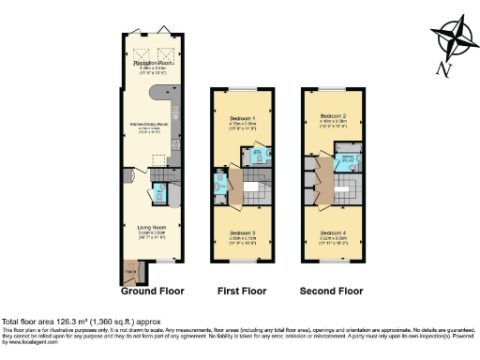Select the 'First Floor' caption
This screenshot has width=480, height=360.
coord(242,291)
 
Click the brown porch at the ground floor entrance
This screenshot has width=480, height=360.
coord(129,273)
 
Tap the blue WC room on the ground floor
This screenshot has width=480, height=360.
coord(158,195)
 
